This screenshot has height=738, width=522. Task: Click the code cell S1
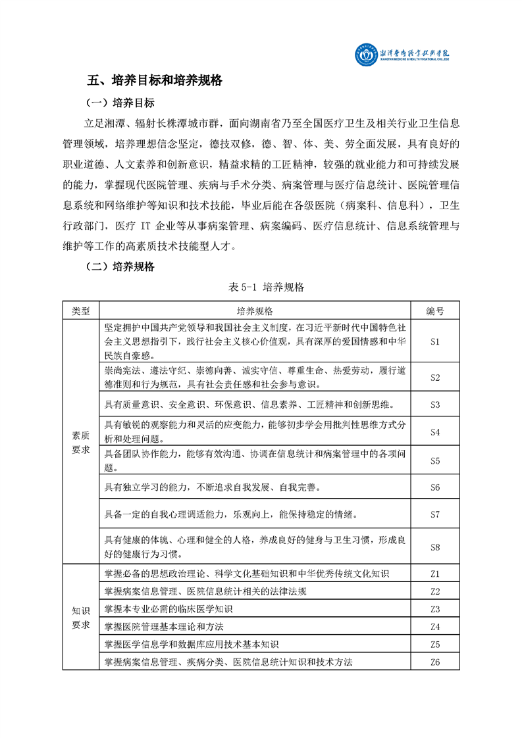coord(434,341)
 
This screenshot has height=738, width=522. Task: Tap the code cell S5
coord(434,460)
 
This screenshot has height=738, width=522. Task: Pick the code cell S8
coord(434,546)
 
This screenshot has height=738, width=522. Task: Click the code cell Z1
coord(434,574)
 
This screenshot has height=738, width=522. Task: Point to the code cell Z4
coord(434,626)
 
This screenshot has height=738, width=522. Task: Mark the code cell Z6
coord(434,662)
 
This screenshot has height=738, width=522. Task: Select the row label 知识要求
coord(81,617)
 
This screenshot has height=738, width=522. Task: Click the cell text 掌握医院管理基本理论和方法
coord(165,626)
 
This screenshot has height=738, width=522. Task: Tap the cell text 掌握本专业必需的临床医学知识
coord(169,608)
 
